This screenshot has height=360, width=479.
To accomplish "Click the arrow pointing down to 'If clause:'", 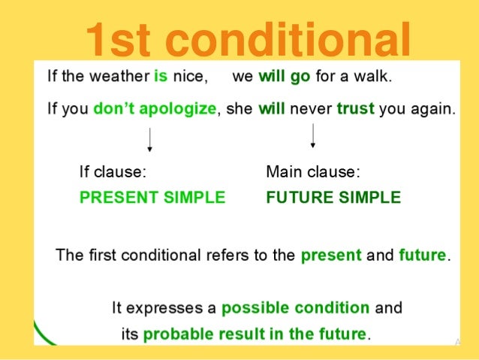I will point(150,140).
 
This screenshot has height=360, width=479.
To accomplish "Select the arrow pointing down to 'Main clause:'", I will point(312,136).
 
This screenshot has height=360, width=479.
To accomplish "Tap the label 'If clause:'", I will point(113,172).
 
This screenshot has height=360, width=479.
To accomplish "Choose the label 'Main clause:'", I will point(313,172).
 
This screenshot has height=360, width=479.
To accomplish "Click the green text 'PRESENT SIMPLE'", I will point(152,198).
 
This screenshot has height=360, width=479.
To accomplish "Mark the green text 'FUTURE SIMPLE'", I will point(333,198).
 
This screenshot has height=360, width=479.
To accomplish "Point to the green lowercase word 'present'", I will point(330,256).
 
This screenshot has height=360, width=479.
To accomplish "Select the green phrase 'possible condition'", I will point(295,308).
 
